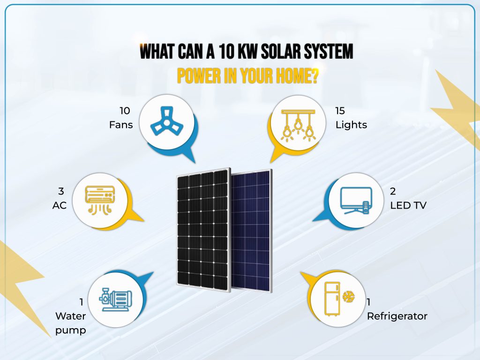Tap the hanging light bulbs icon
click(297, 124)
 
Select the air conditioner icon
click(100, 200)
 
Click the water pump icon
click(114, 300)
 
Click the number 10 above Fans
click(125, 111)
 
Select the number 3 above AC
click(61, 191)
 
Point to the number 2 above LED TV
click(393, 191)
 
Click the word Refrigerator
click(397, 316)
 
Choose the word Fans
click(121, 125)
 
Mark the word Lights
click(351, 125)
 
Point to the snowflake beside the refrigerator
click(348, 297)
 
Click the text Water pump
click(71, 323)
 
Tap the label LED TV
click(408, 205)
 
